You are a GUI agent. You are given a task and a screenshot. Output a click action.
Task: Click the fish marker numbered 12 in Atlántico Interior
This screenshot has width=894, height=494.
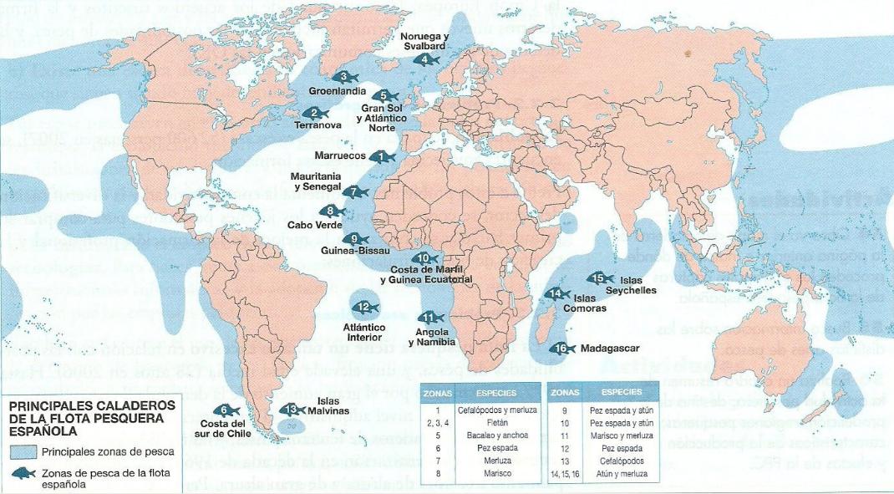[x=364, y=308]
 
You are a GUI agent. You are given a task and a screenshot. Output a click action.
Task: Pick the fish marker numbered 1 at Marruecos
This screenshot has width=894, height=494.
[x=383, y=156]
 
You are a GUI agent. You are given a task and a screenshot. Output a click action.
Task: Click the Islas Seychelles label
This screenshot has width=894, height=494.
[x=637, y=285]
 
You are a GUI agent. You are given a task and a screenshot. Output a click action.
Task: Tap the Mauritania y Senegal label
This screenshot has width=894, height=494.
[x=316, y=181]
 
